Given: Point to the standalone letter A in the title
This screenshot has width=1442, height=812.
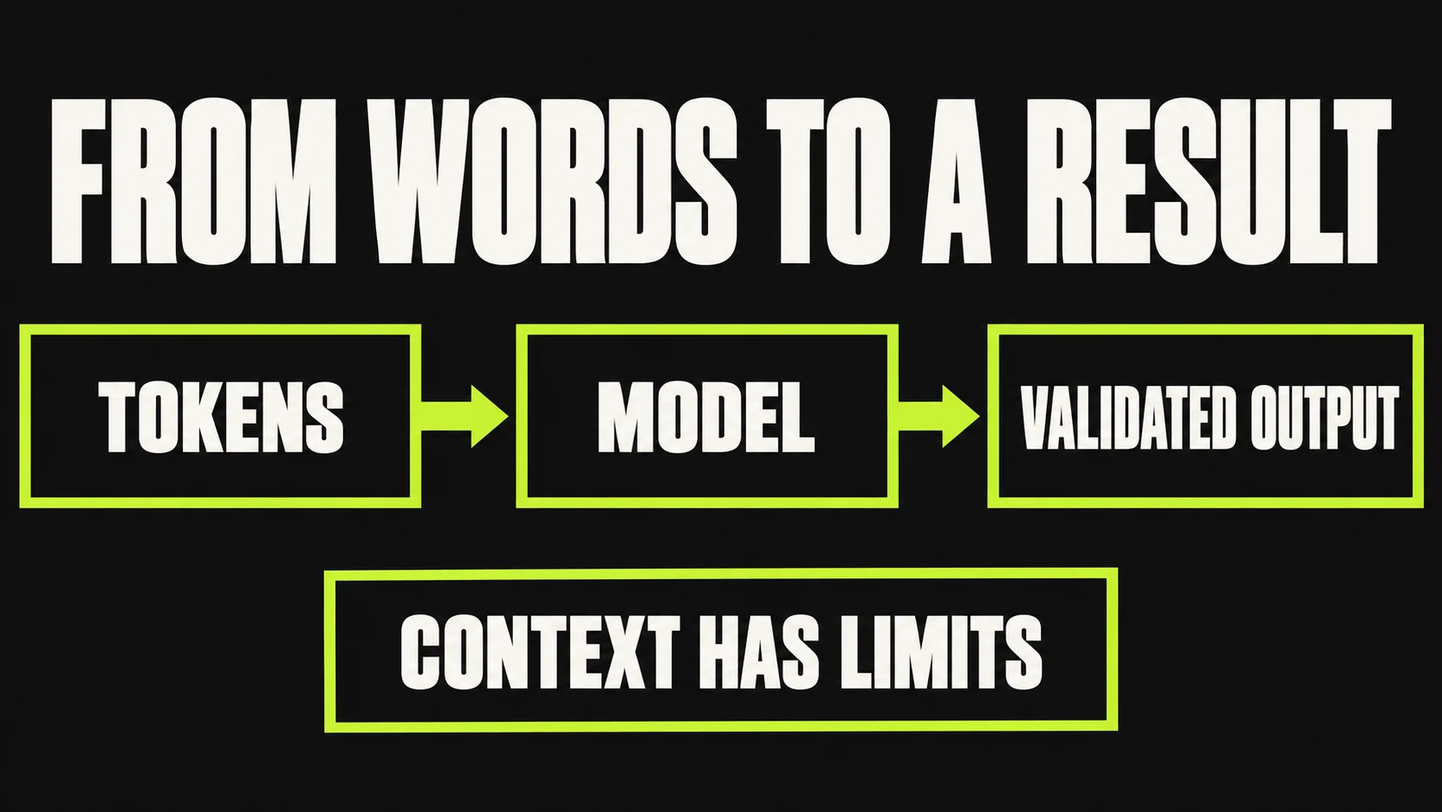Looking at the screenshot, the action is click(957, 181).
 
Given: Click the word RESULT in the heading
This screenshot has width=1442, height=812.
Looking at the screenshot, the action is click(1208, 181).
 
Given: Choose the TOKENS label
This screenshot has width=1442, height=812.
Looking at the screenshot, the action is click(221, 417).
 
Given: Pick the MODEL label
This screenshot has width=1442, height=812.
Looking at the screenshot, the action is click(706, 417).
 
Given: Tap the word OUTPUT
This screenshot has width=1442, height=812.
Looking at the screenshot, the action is click(1324, 417).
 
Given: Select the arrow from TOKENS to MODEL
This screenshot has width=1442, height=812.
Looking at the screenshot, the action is click(464, 417).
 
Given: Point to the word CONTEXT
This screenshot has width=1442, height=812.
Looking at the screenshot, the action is click(540, 651).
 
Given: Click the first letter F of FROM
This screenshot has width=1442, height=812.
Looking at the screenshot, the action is click(77, 181).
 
